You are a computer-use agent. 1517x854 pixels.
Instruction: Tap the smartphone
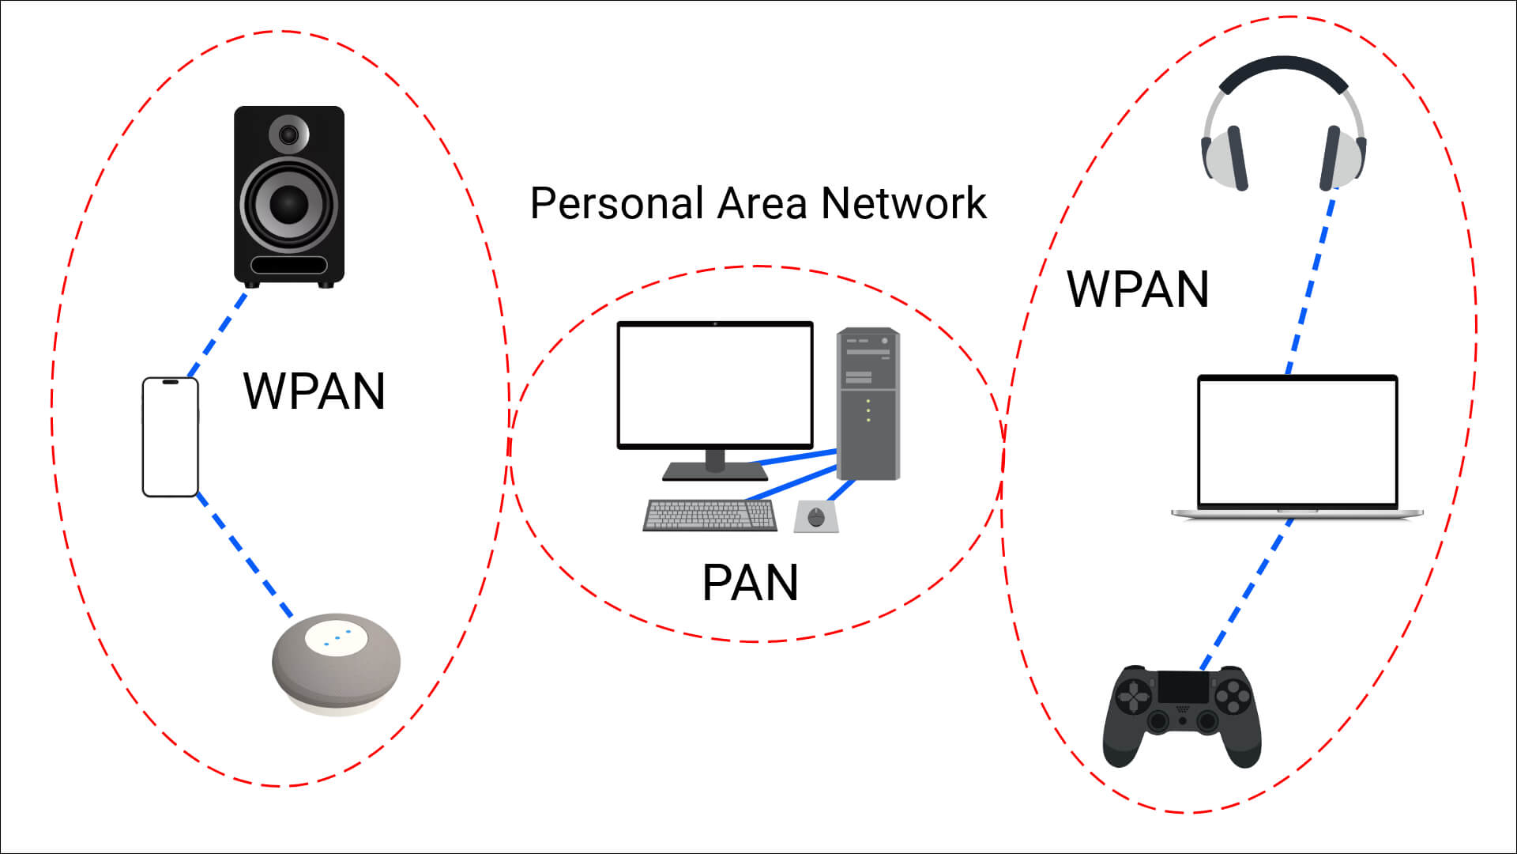pos(170,437)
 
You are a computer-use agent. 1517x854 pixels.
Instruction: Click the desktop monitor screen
pos(715,385)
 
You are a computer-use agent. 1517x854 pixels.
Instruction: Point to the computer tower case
pos(868,404)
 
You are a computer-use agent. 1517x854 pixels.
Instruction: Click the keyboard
pos(710,516)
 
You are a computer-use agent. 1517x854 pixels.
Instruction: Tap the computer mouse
pos(816,517)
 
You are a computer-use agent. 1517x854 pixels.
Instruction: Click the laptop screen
pos(1297,441)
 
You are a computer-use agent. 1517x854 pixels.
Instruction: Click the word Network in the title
pos(904,203)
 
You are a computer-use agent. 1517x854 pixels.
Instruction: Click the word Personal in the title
pos(616,203)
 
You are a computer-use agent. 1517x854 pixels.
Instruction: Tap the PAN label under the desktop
pos(750,583)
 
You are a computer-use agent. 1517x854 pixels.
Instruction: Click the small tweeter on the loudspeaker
pos(289,134)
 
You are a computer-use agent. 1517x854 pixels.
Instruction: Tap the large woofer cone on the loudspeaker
pos(289,203)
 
